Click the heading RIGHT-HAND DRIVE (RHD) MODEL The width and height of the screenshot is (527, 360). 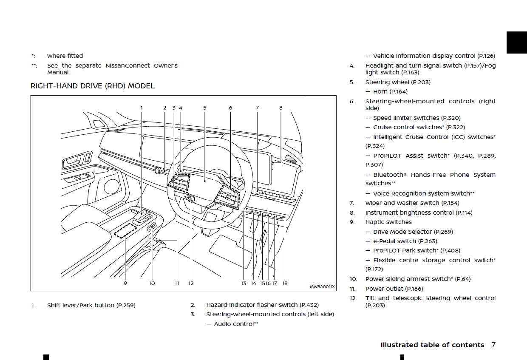coord(92,86)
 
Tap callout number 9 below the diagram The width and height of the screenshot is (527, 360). coord(125,283)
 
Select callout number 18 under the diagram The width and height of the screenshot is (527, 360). coord(285,283)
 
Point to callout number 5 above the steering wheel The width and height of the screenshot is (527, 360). coord(205,108)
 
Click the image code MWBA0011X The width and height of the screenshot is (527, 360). coord(322,287)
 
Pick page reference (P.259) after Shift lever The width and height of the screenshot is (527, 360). coord(126,305)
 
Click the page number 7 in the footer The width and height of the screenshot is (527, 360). coord(493,345)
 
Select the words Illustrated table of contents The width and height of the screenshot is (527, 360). coord(432,345)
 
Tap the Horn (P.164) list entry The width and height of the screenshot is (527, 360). coord(390,92)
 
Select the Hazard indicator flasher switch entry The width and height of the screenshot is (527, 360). coord(262,305)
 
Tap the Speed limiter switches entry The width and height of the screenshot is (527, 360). coord(416,118)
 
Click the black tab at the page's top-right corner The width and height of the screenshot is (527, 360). coord(516,43)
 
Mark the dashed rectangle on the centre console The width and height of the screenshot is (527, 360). coord(126,231)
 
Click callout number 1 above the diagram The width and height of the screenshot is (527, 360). coord(142,108)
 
